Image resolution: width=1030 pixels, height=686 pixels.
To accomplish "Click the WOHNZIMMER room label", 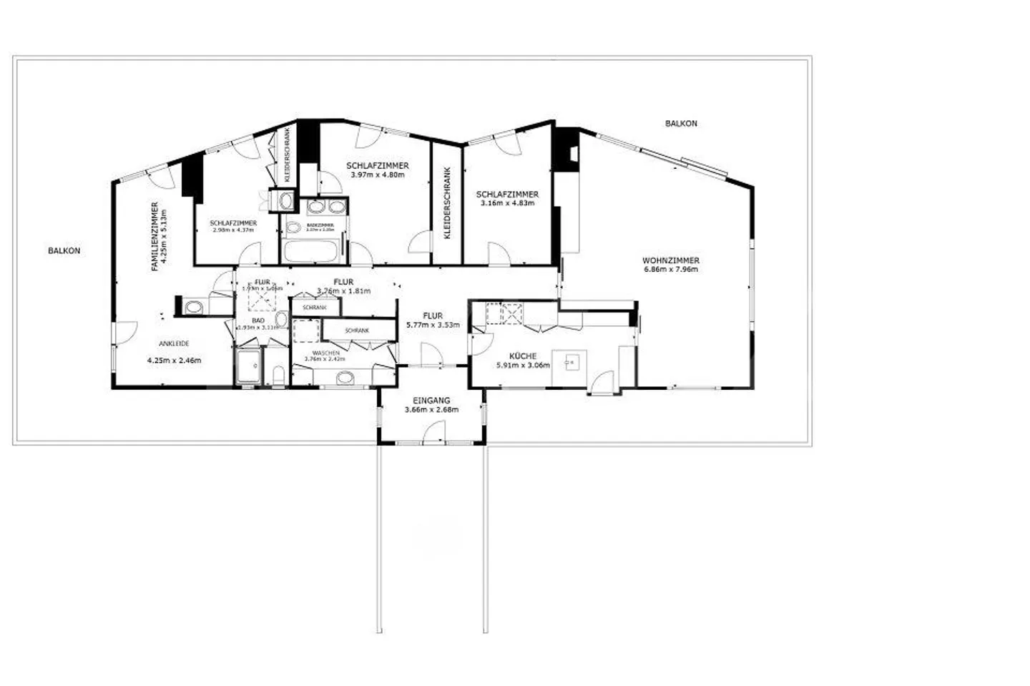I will tap(670, 260).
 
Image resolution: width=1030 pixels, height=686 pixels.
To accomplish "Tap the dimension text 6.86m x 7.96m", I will tap(670, 270).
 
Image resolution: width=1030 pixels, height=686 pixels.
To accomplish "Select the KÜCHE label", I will tap(522, 356).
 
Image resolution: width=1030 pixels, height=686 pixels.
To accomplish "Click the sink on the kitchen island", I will tap(570, 362).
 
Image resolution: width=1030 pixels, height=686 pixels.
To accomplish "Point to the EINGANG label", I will tap(431, 401).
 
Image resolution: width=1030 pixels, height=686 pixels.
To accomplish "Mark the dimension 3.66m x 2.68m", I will tap(431, 410).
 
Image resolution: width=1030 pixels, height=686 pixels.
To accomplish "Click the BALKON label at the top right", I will tap(680, 124).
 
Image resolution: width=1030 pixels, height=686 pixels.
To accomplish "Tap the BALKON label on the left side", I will tap(64, 251).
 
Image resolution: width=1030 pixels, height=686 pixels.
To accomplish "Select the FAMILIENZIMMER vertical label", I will tap(154, 237).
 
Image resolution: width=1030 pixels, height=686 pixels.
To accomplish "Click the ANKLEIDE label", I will tap(174, 344).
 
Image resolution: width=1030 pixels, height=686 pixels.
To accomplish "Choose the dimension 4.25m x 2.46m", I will tap(174, 361).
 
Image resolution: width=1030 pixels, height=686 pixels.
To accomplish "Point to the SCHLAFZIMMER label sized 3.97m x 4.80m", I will tap(377, 165).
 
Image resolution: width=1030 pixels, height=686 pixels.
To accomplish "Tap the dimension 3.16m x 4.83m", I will tap(507, 203).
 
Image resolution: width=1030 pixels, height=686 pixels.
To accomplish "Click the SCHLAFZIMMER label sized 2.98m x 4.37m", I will tap(233, 223).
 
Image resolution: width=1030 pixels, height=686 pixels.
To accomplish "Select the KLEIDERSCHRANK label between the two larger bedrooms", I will tap(447, 203).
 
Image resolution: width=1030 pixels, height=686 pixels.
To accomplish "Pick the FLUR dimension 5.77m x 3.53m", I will tap(432, 325).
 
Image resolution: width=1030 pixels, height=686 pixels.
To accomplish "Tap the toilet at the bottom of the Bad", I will tap(279, 375).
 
